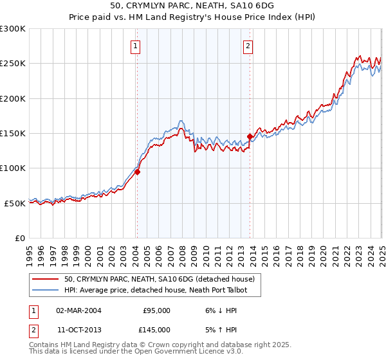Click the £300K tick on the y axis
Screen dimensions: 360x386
click(12, 29)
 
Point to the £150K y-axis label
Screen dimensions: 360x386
click(12, 133)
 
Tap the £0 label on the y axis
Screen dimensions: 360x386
click(19, 238)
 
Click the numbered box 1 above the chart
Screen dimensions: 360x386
click(136, 46)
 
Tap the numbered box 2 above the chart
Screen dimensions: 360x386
click(248, 46)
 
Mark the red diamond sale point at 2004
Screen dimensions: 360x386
click(136, 172)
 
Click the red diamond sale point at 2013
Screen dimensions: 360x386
click(250, 136)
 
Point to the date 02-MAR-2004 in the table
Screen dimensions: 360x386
click(78, 310)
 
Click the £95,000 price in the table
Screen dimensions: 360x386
click(156, 310)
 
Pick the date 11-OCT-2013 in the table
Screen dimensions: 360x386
click(78, 329)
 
